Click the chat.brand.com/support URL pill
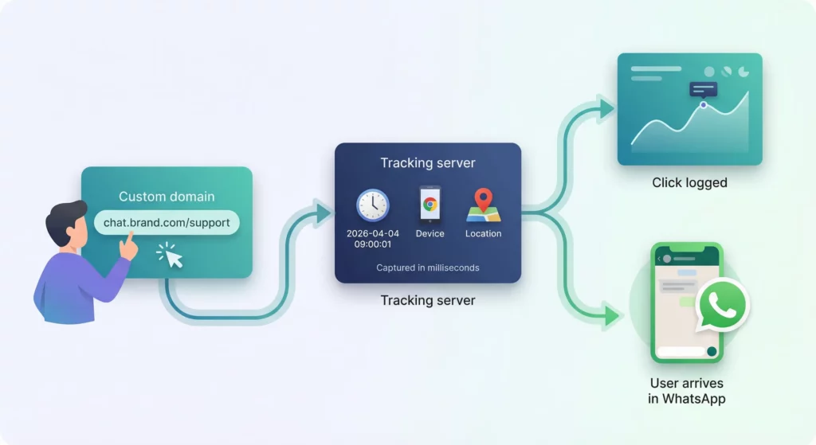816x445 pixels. pos(167,222)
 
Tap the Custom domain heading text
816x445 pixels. pos(167,197)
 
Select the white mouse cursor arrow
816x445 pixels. pos(174,258)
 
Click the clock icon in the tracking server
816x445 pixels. pos(372,205)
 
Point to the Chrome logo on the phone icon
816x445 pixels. pos(430,204)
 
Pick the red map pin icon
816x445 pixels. pos(482,201)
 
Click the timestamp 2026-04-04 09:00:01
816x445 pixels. pos(372,239)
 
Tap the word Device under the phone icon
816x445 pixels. pos(430,234)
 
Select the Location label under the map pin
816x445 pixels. pos(483,234)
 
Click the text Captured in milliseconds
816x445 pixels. pos(428,267)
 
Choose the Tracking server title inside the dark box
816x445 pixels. pos(428,163)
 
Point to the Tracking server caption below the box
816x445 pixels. pos(428,300)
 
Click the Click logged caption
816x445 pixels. pos(689,182)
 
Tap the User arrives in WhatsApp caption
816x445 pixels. pos(686,391)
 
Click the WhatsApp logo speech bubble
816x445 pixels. pos(723,304)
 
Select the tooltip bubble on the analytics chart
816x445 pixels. pos(704,90)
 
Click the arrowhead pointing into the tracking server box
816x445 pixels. pos(324,213)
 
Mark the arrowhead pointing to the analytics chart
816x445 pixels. pos(607,107)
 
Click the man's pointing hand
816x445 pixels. pos(128,248)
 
